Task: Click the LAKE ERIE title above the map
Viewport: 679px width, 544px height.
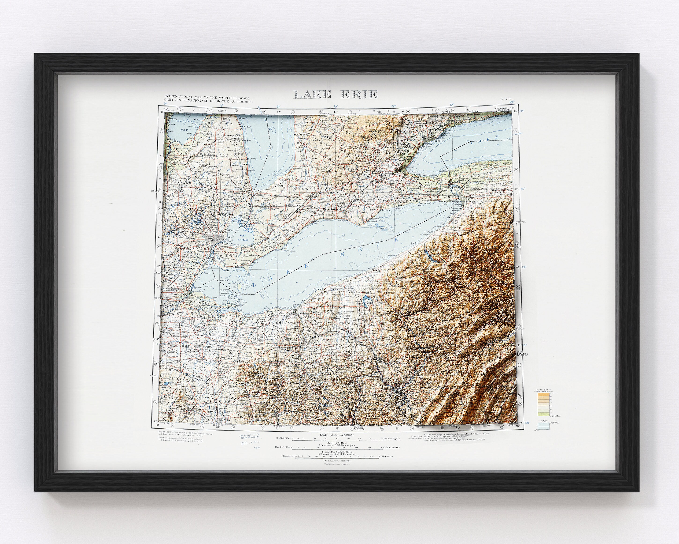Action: pos(336,94)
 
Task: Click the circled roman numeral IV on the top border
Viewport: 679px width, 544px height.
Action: pos(265,112)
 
